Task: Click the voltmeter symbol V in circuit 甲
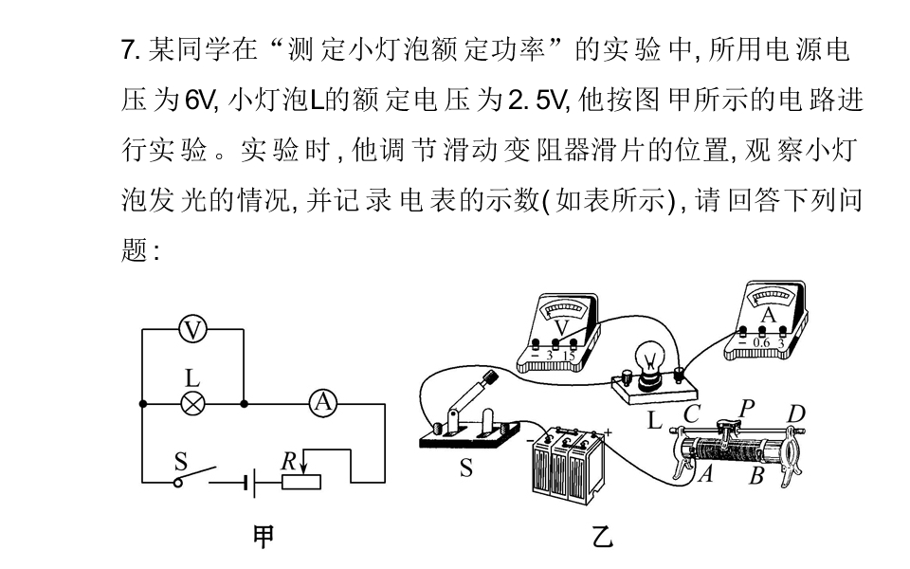coord(192,329)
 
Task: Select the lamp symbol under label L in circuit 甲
coord(192,403)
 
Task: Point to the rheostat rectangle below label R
coord(301,482)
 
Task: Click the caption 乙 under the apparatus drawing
coord(603,538)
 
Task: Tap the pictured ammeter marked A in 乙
coord(768,322)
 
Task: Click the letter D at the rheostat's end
coord(796,413)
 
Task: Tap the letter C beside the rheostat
coord(690,413)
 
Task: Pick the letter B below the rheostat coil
coord(755,476)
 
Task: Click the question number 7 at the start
coord(129,49)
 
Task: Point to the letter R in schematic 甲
coord(288,461)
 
